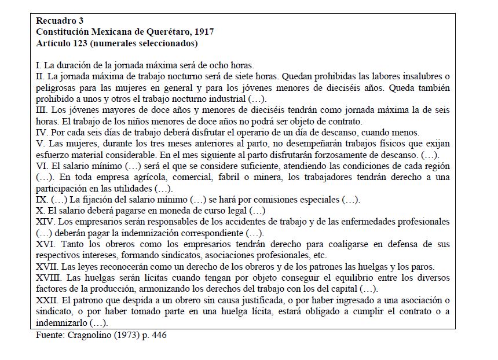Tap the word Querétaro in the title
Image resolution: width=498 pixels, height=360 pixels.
(x=164, y=32)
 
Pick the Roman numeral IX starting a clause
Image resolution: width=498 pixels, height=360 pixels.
(x=41, y=200)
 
